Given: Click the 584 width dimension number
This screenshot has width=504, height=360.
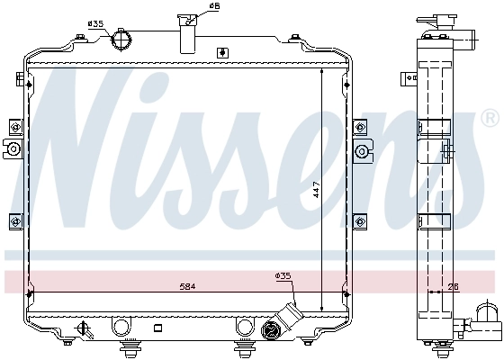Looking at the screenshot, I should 186,285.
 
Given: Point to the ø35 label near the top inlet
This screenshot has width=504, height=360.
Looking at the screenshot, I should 95,23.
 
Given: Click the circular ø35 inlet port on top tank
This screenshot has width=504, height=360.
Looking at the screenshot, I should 122,40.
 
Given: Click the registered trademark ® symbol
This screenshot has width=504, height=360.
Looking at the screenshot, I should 490,118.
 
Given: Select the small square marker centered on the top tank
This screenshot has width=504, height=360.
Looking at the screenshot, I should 221,53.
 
